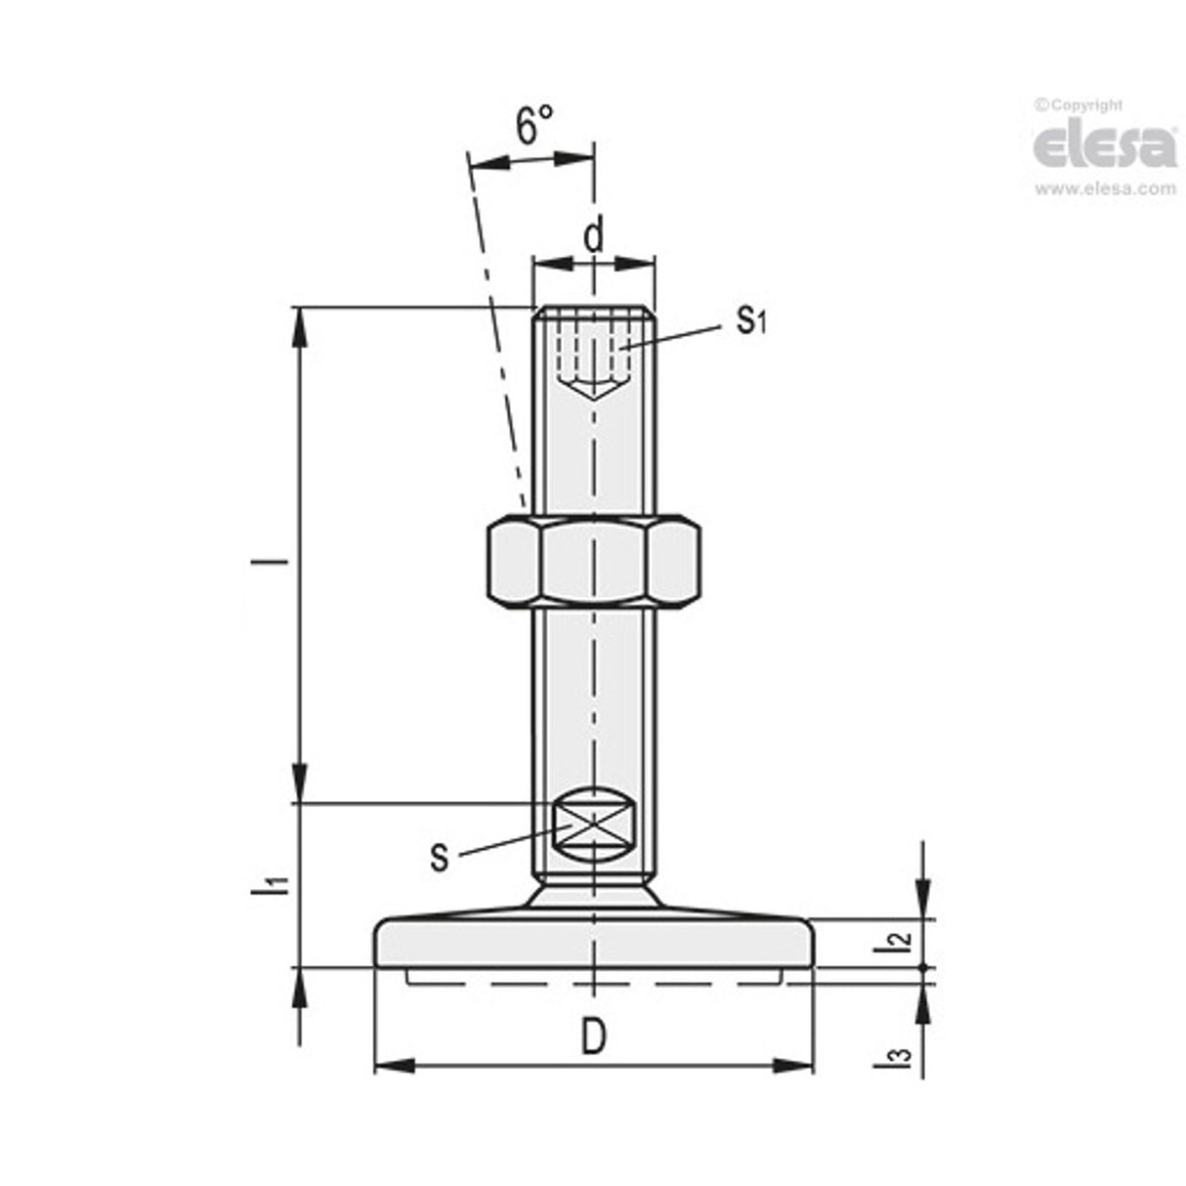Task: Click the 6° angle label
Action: [533, 126]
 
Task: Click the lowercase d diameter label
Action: [593, 235]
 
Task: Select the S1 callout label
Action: [750, 319]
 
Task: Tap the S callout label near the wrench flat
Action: [441, 858]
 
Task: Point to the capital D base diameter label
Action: [593, 1038]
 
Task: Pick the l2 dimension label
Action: [892, 941]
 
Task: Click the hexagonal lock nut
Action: [593, 562]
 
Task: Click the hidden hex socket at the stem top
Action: [593, 357]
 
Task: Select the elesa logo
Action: [1106, 147]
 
